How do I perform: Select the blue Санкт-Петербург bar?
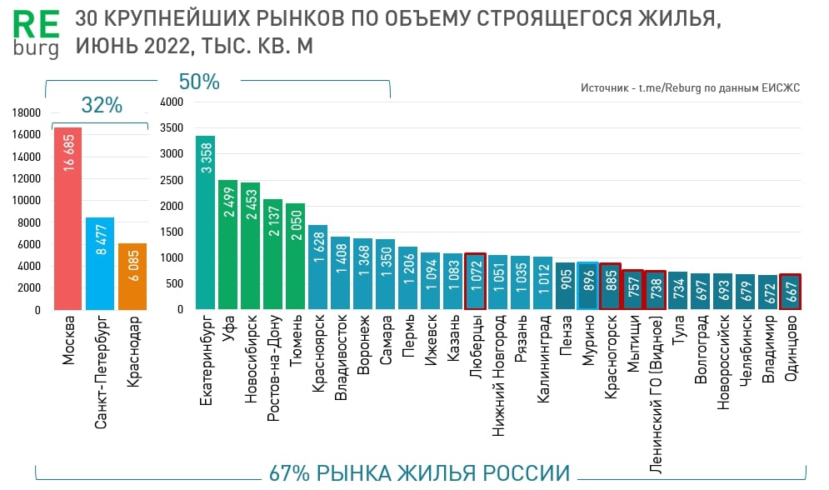point(99,263)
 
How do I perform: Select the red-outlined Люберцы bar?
point(475,282)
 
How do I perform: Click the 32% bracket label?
point(102,106)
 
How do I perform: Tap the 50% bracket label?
point(199,82)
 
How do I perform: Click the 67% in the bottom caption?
point(289,473)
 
